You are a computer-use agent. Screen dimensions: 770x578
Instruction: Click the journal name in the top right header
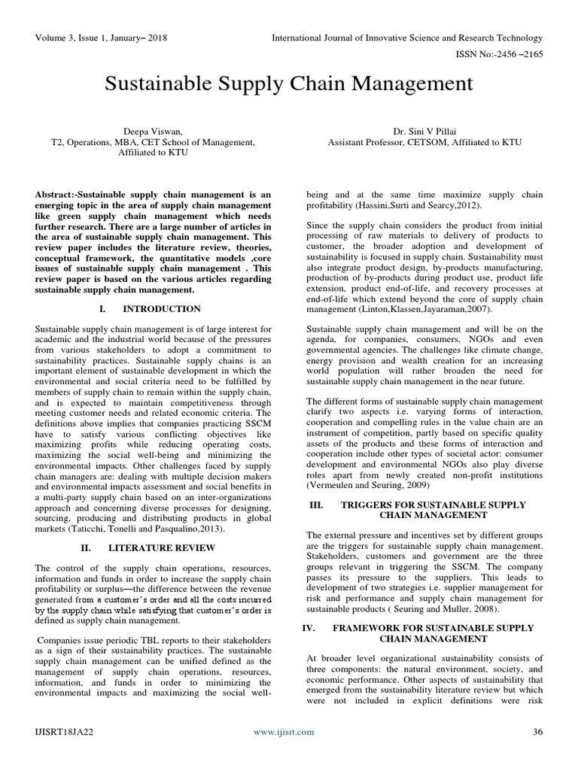406,37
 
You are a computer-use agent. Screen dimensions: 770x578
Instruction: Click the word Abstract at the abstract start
55,195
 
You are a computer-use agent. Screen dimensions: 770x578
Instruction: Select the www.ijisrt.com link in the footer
284,731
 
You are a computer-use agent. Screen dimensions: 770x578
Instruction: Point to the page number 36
537,731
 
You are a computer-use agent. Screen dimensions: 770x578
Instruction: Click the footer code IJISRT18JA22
63,731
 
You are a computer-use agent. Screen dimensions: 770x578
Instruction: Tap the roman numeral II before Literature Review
86,547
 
